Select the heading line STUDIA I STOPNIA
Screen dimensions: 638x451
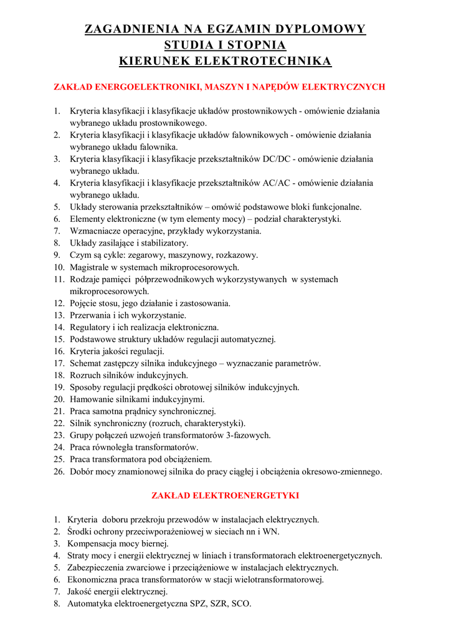click(225, 45)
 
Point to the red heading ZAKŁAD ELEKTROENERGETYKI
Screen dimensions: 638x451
click(225, 495)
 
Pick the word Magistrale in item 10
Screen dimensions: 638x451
click(90, 267)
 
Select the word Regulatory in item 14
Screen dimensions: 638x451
click(90, 327)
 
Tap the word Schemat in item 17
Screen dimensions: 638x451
click(86, 363)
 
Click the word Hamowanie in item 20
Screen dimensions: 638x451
click(92, 399)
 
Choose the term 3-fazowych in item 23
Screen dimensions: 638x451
click(249, 436)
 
